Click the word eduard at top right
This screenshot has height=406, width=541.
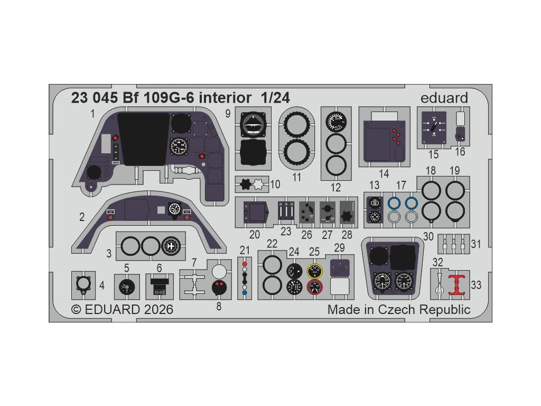tap(444, 98)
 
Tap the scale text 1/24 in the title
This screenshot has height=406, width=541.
tap(275, 98)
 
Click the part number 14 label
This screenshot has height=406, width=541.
tap(384, 173)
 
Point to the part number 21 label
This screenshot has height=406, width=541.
tap(244, 250)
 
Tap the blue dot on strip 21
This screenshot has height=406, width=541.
tap(244, 292)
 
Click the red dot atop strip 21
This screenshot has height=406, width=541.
tap(244, 263)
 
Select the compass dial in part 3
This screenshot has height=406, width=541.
tap(170, 246)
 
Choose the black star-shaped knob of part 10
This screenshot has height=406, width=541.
tap(246, 184)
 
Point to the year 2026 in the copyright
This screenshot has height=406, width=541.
tap(157, 309)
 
